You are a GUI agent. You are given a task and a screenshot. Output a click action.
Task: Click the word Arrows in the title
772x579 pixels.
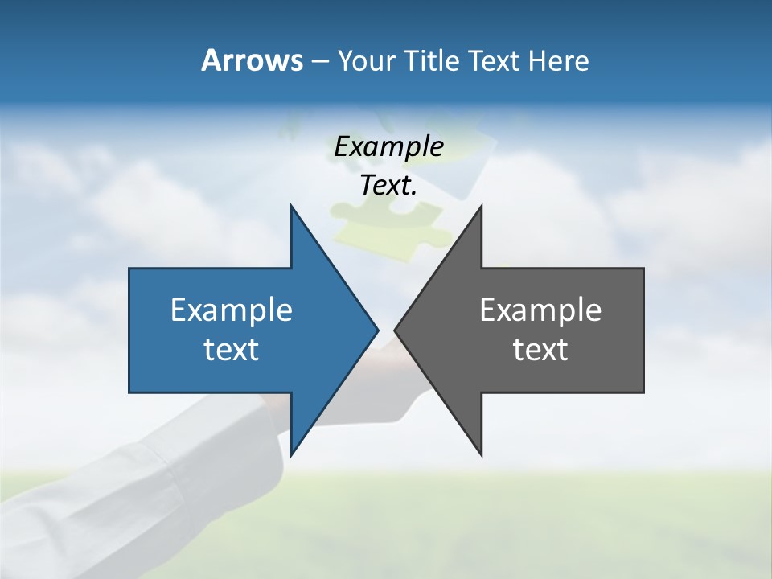pos(252,61)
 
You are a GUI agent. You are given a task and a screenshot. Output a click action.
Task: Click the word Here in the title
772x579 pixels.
pos(557,61)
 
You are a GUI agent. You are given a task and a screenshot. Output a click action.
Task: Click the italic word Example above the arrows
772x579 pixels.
pos(388,147)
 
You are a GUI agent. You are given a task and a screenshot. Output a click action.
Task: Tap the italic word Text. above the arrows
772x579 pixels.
pos(388,186)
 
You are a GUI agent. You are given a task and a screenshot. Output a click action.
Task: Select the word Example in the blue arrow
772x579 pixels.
pos(231,310)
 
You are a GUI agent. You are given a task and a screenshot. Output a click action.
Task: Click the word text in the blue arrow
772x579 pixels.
pos(231,350)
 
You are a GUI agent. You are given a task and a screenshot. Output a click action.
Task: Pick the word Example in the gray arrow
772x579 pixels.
pos(540,310)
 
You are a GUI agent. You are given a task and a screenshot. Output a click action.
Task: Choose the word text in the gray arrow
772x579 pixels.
pos(540,350)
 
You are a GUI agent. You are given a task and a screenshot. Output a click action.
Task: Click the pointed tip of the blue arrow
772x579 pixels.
pos(376,330)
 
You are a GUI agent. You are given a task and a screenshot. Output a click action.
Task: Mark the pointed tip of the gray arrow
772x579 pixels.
pos(396,330)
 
